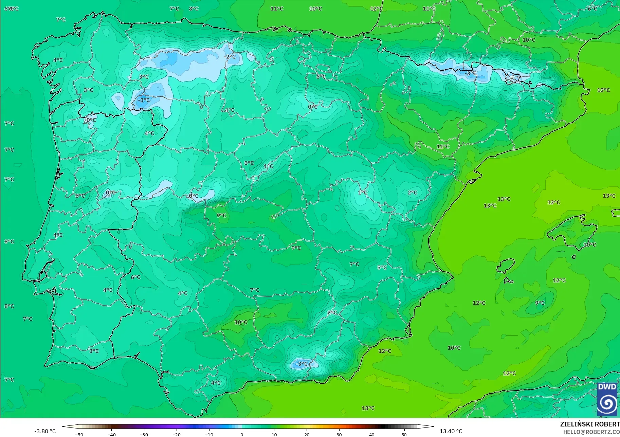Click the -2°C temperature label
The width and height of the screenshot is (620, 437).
(230, 57)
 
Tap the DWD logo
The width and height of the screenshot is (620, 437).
(607, 399)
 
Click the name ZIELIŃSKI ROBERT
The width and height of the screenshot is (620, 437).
(590, 424)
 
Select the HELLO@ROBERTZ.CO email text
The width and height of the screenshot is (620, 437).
(591, 432)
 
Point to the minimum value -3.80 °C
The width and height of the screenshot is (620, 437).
(45, 431)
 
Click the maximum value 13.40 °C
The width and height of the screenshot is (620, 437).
(451, 431)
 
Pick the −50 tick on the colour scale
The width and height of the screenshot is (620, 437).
(79, 434)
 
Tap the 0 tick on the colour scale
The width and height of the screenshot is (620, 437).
(242, 434)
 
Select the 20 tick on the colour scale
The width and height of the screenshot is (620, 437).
(307, 434)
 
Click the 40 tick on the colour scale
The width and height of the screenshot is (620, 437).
(371, 434)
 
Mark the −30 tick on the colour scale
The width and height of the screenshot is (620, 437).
(144, 434)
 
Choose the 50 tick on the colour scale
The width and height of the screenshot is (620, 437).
(404, 434)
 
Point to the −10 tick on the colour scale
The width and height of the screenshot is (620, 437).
(209, 434)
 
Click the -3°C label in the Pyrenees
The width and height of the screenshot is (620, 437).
(471, 73)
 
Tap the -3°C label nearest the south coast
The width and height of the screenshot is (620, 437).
(302, 364)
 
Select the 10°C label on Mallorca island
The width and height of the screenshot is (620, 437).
(589, 244)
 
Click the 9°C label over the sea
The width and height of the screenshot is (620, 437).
(540, 303)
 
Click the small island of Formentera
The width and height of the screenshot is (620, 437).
(508, 281)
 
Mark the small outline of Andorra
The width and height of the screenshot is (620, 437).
(512, 78)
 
